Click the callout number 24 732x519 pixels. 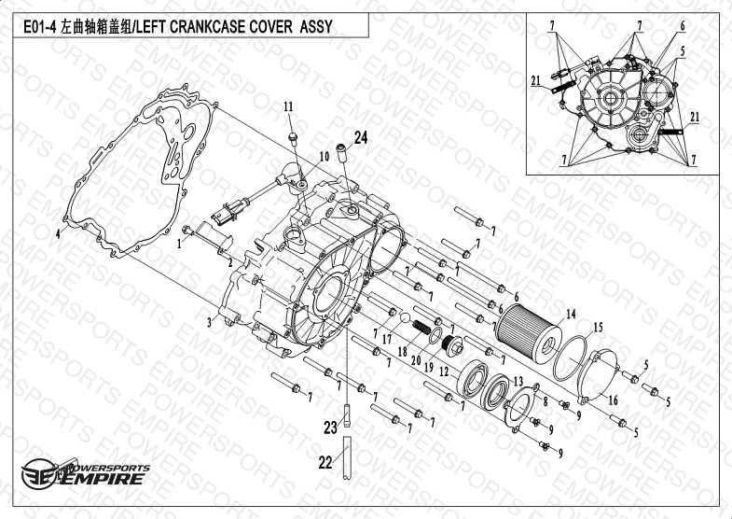pos(360,137)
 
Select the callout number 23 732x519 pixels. pos(330,428)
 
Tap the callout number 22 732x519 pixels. pos(325,462)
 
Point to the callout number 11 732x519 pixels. pos(288,106)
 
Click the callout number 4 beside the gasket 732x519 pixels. pos(58,233)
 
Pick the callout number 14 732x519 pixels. pos(571,314)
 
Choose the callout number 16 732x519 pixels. pos(613,400)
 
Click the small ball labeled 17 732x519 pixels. pos(405,318)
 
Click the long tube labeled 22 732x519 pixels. pos(348,457)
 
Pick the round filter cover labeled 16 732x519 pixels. pos(598,376)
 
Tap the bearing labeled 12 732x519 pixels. pos(475,380)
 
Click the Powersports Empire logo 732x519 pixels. pos(86,473)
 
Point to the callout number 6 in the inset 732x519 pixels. pos(682,26)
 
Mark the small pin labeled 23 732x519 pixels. pos(347,415)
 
